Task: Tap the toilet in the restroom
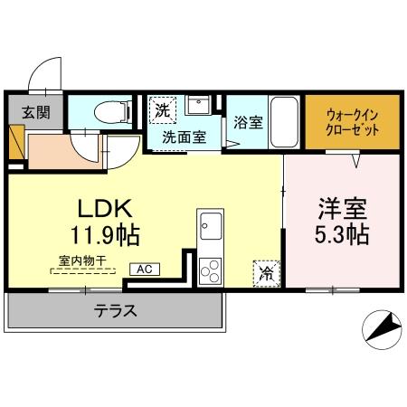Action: tap(110, 114)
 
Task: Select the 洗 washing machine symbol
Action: tap(161, 111)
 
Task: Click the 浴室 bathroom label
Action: tap(247, 122)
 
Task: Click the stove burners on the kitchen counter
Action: tap(210, 269)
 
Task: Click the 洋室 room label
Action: tap(341, 206)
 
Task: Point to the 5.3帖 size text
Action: tap(341, 236)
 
